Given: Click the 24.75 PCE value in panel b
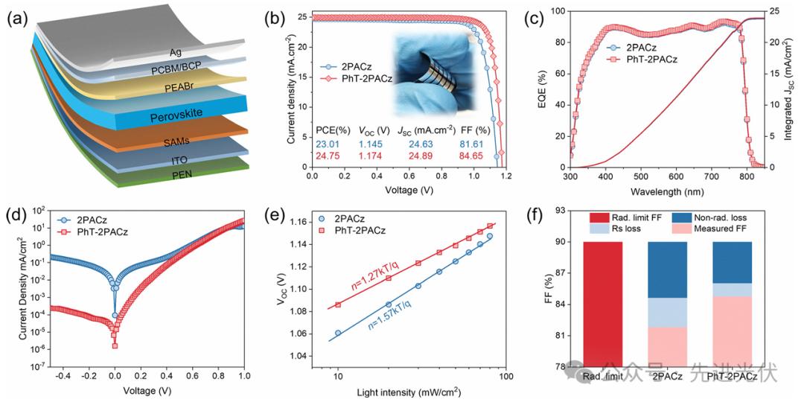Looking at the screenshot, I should (330, 155).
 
